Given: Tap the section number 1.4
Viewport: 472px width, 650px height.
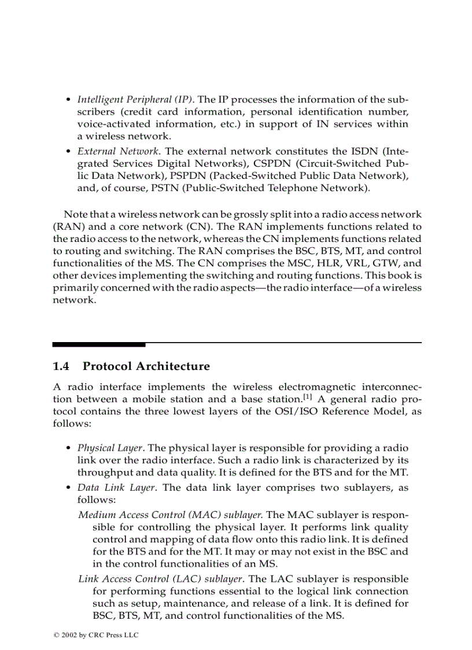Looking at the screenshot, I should [61, 366].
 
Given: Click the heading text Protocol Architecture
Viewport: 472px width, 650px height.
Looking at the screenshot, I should [146, 366].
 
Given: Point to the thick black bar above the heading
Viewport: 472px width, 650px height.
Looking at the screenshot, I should [99, 344].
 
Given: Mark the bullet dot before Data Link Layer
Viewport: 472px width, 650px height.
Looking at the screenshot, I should [69, 487].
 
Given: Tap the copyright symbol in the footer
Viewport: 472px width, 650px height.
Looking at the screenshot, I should [56, 635].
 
